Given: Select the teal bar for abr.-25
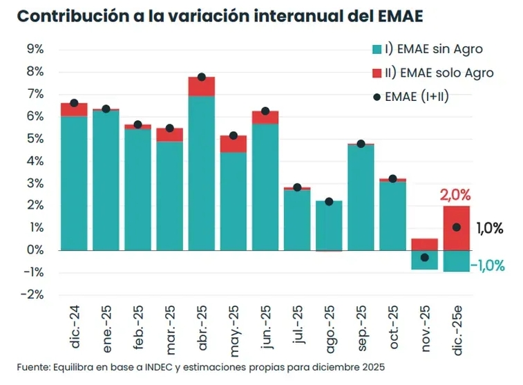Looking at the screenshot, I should coord(201,173).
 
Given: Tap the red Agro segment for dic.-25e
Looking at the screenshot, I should coord(457,228).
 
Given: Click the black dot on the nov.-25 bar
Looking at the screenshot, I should coord(425,258).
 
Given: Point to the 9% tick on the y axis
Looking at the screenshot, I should coord(35,49).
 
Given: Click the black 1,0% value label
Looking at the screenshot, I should coord(490,228).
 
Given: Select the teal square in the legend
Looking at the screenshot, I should coord(377,49).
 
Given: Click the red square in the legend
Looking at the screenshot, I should coord(377,73).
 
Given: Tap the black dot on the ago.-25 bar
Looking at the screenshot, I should coord(329,202).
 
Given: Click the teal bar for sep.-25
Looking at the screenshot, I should coord(361,197).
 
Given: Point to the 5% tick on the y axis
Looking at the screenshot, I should coord(35,138).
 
